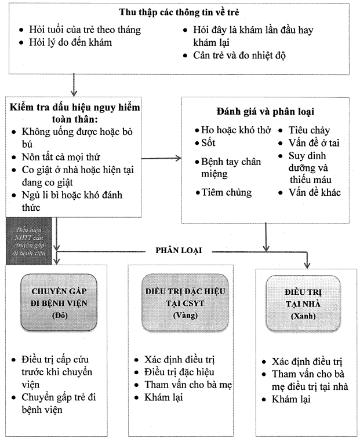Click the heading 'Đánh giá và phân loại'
tap(267, 111)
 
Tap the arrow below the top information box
tap(74, 86)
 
